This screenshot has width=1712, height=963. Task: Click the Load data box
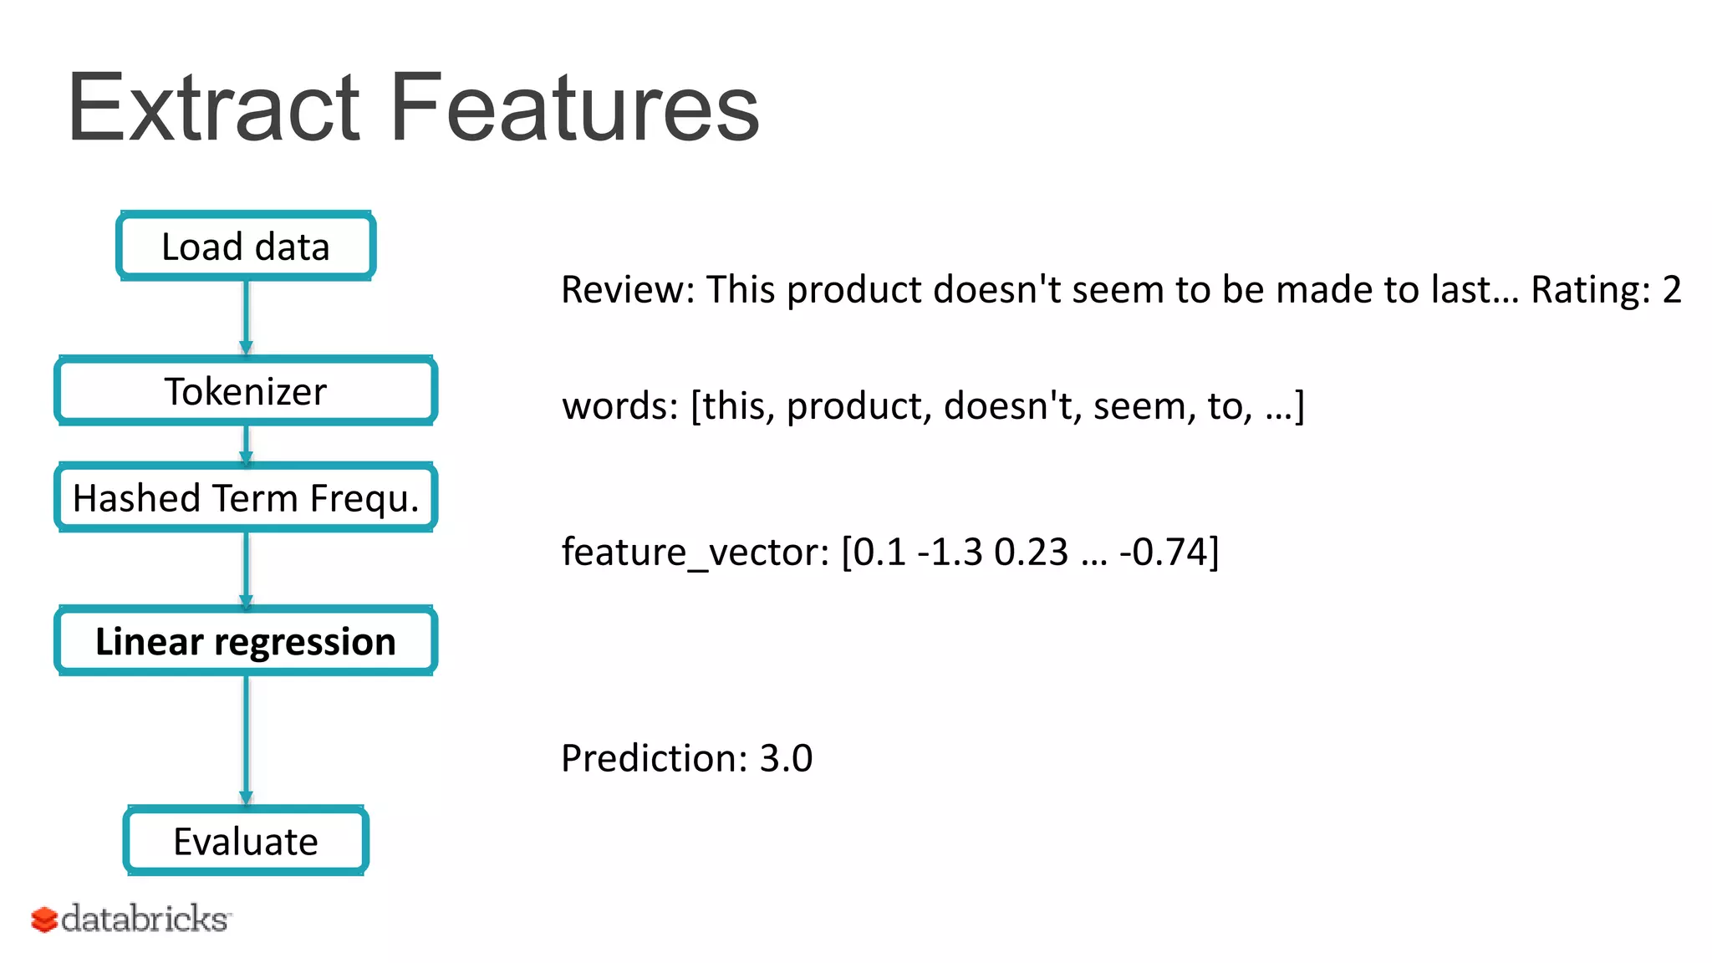(246, 246)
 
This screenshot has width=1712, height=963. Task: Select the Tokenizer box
(246, 391)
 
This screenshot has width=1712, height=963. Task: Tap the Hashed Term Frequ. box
(246, 498)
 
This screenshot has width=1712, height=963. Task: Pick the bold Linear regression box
(246, 641)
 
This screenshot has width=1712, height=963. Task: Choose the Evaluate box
(246, 841)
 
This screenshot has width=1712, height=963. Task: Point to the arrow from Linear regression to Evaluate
(246, 740)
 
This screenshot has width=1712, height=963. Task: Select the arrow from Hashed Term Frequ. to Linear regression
(246, 568)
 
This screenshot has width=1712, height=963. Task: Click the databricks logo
(130, 919)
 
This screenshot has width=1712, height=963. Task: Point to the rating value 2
(1672, 290)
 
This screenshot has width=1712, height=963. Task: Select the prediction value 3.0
(786, 758)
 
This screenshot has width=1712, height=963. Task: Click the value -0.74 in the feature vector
(1164, 552)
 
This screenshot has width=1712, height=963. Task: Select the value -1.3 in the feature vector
(950, 552)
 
